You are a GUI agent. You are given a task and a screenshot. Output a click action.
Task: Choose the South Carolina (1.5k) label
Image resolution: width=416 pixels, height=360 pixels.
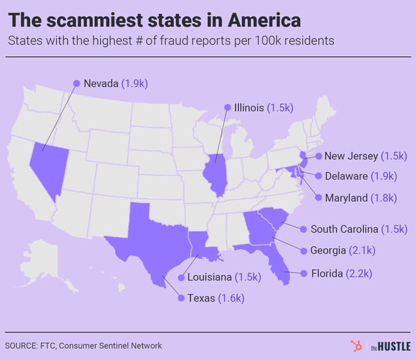coord(358,229)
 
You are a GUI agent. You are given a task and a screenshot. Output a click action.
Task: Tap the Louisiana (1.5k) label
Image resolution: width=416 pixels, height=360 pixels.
coord(224,277)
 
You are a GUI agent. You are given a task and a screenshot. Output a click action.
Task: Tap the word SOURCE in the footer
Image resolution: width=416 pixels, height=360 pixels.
coord(20,346)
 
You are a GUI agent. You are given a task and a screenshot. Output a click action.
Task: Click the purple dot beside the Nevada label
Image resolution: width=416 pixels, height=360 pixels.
coord(77,84)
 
